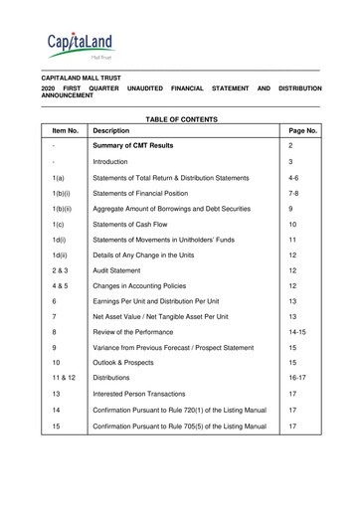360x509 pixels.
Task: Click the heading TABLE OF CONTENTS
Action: click(x=179, y=118)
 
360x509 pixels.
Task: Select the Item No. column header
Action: click(x=65, y=130)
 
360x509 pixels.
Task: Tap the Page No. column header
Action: click(x=301, y=130)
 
